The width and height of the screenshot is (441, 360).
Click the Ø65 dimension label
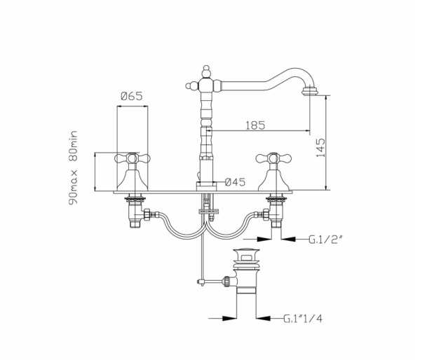(x=132, y=96)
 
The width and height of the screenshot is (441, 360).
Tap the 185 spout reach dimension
(x=255, y=125)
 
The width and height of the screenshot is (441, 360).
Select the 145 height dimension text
(x=320, y=148)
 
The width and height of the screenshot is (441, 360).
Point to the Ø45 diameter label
(x=235, y=182)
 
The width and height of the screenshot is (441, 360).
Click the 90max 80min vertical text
(x=73, y=168)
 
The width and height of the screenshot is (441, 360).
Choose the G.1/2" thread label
(x=326, y=240)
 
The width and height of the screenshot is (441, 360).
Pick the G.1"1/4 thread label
(x=303, y=319)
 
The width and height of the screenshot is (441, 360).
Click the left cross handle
(x=133, y=158)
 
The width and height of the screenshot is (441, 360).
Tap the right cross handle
(x=273, y=158)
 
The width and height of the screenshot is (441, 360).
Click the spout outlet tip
(x=310, y=92)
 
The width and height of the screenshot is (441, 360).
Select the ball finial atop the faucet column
(x=206, y=71)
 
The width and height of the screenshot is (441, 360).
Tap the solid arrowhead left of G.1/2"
(x=264, y=239)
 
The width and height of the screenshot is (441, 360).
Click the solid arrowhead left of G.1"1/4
(x=229, y=319)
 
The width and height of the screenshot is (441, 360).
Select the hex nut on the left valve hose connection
(x=147, y=215)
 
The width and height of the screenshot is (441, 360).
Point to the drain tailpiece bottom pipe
(x=246, y=290)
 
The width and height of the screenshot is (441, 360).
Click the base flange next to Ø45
(x=206, y=186)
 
